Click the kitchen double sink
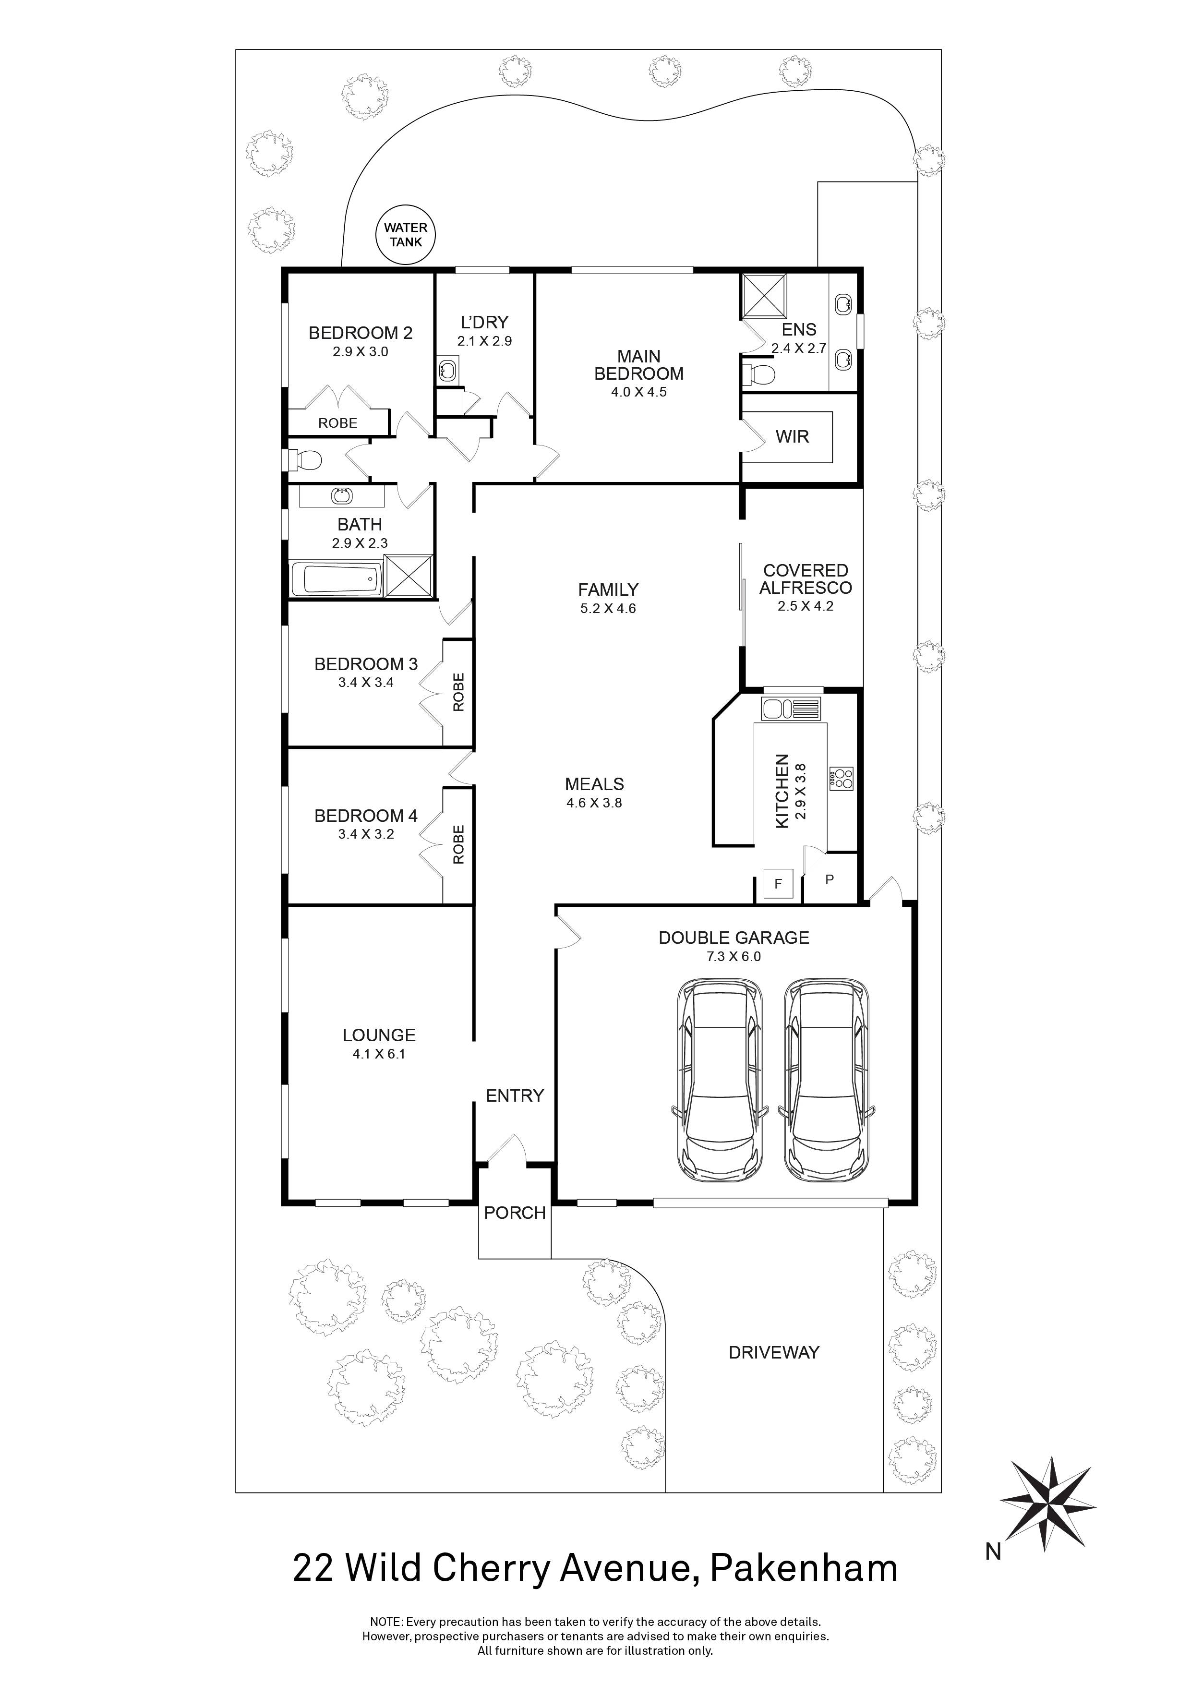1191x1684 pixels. (x=791, y=709)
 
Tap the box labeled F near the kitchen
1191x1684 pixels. (x=779, y=885)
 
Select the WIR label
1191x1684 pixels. (x=792, y=437)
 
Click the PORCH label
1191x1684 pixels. (x=514, y=1213)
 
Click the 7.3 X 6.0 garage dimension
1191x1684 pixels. (x=734, y=956)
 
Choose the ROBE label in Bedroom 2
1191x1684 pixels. (x=337, y=423)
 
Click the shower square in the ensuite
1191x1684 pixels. (x=763, y=295)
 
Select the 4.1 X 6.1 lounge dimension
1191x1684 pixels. (x=378, y=1054)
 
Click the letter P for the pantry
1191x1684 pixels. (x=830, y=878)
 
